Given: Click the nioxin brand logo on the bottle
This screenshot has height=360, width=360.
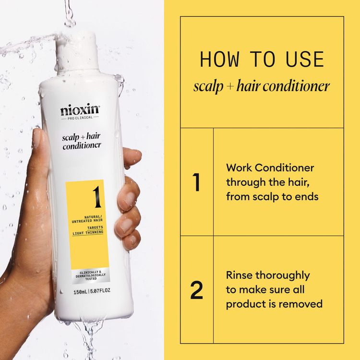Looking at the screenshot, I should click(80, 110).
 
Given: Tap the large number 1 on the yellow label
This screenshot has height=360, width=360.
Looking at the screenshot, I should click(95, 196).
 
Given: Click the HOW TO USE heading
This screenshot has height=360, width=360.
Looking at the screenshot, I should click(262, 60).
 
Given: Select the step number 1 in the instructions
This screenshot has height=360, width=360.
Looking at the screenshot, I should click(196, 182).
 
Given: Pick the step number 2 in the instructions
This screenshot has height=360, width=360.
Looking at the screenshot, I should click(196, 290).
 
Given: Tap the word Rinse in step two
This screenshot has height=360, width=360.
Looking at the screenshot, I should click(240, 276).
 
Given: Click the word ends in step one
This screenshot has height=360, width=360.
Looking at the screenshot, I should click(304, 197).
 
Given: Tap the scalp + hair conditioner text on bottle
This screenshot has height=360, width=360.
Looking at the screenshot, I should click(81, 141).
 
